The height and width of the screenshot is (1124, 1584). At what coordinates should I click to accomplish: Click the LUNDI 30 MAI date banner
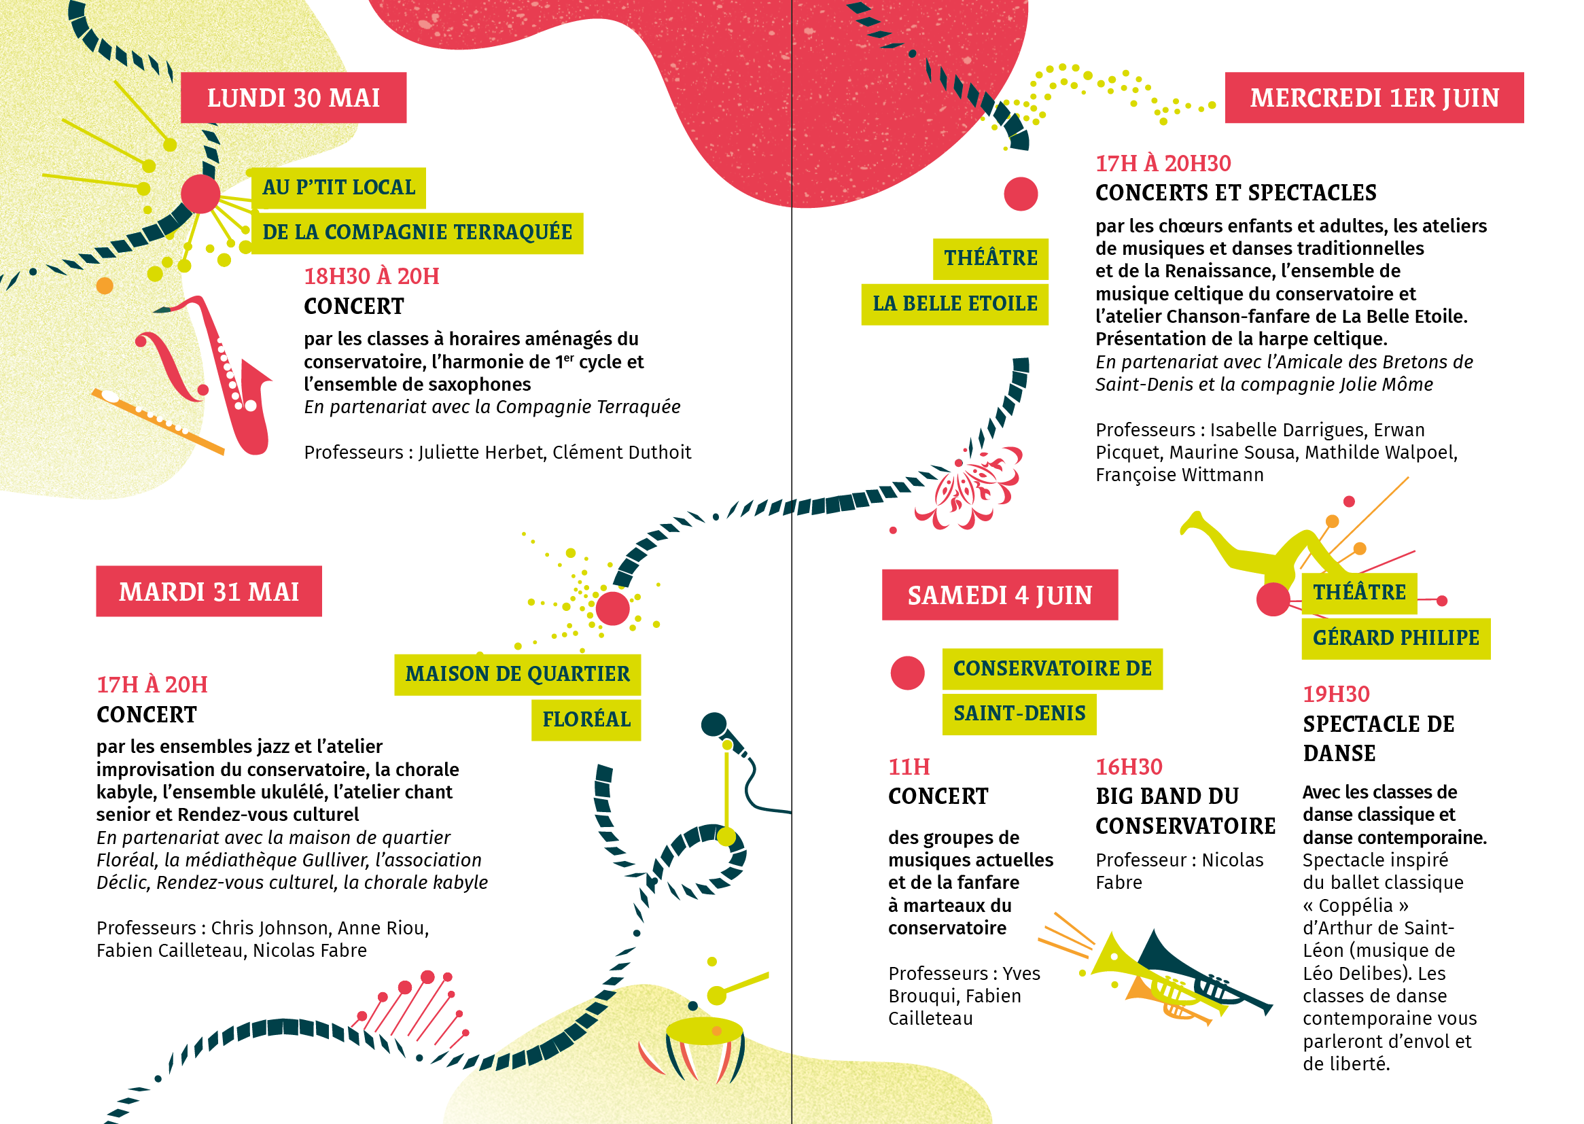294,98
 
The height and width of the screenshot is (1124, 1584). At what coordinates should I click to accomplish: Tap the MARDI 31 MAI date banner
209,591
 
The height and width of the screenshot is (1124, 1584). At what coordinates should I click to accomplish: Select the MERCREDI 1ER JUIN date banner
1373,98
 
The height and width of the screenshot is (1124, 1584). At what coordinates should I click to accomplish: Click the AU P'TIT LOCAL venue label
338,188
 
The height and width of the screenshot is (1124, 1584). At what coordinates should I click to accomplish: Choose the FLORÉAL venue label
586,720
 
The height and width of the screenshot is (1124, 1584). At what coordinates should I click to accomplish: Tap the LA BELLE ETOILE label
954,304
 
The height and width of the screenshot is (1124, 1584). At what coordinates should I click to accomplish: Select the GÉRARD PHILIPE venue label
1396,638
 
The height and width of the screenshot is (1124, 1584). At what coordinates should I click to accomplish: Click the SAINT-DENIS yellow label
1019,714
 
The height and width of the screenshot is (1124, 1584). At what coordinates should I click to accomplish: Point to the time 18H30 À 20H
372,276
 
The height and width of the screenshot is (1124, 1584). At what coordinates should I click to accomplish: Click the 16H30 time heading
1129,767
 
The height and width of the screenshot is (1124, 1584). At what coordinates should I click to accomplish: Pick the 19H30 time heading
1336,695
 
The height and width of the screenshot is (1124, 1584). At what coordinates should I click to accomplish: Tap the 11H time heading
909,767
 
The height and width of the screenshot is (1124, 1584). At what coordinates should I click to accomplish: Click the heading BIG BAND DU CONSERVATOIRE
1185,811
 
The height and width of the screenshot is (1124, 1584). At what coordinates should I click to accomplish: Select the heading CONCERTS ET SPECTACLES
1236,192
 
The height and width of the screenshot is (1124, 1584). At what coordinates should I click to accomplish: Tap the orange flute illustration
158,421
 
